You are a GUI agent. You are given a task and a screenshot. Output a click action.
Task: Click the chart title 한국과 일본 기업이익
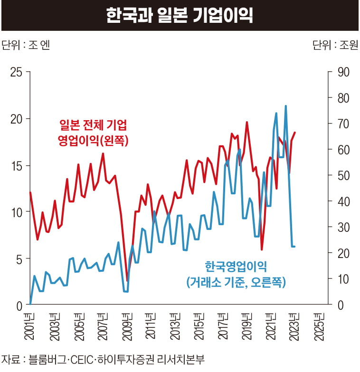pyautogui.click(x=180, y=15)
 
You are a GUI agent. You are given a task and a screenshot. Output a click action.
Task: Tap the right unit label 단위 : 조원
pyautogui.click(x=335, y=45)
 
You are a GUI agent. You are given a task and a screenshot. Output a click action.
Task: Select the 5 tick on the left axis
pyautogui.click(x=19, y=258)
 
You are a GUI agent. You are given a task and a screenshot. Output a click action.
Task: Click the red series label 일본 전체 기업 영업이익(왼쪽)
pyautogui.click(x=93, y=133)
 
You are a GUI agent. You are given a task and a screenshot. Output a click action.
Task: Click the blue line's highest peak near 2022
pyautogui.click(x=285, y=106)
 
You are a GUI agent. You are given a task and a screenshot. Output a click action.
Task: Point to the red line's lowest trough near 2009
pyautogui.click(x=127, y=280)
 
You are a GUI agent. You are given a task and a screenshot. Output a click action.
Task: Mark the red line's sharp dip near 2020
pyautogui.click(x=262, y=248)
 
